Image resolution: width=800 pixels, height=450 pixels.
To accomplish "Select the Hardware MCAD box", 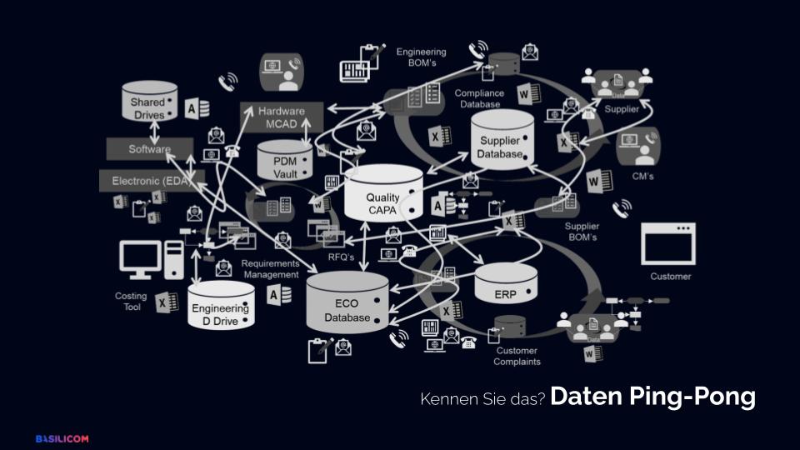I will click(281, 117).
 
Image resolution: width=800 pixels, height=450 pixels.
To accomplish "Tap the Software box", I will click(149, 150).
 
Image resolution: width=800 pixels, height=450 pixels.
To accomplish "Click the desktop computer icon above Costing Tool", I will click(150, 259).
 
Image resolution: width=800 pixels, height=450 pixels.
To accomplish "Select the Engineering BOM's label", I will click(421, 57).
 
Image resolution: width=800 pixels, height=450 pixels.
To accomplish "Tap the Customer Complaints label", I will click(517, 356).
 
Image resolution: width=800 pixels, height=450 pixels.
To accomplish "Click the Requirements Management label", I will click(270, 269).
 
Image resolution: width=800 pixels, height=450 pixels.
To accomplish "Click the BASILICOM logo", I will click(62, 438).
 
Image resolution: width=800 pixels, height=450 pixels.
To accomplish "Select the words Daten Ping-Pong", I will click(652, 397).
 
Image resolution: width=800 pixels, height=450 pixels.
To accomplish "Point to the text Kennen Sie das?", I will click(482, 400).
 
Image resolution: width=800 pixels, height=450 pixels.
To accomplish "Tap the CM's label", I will click(642, 177).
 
